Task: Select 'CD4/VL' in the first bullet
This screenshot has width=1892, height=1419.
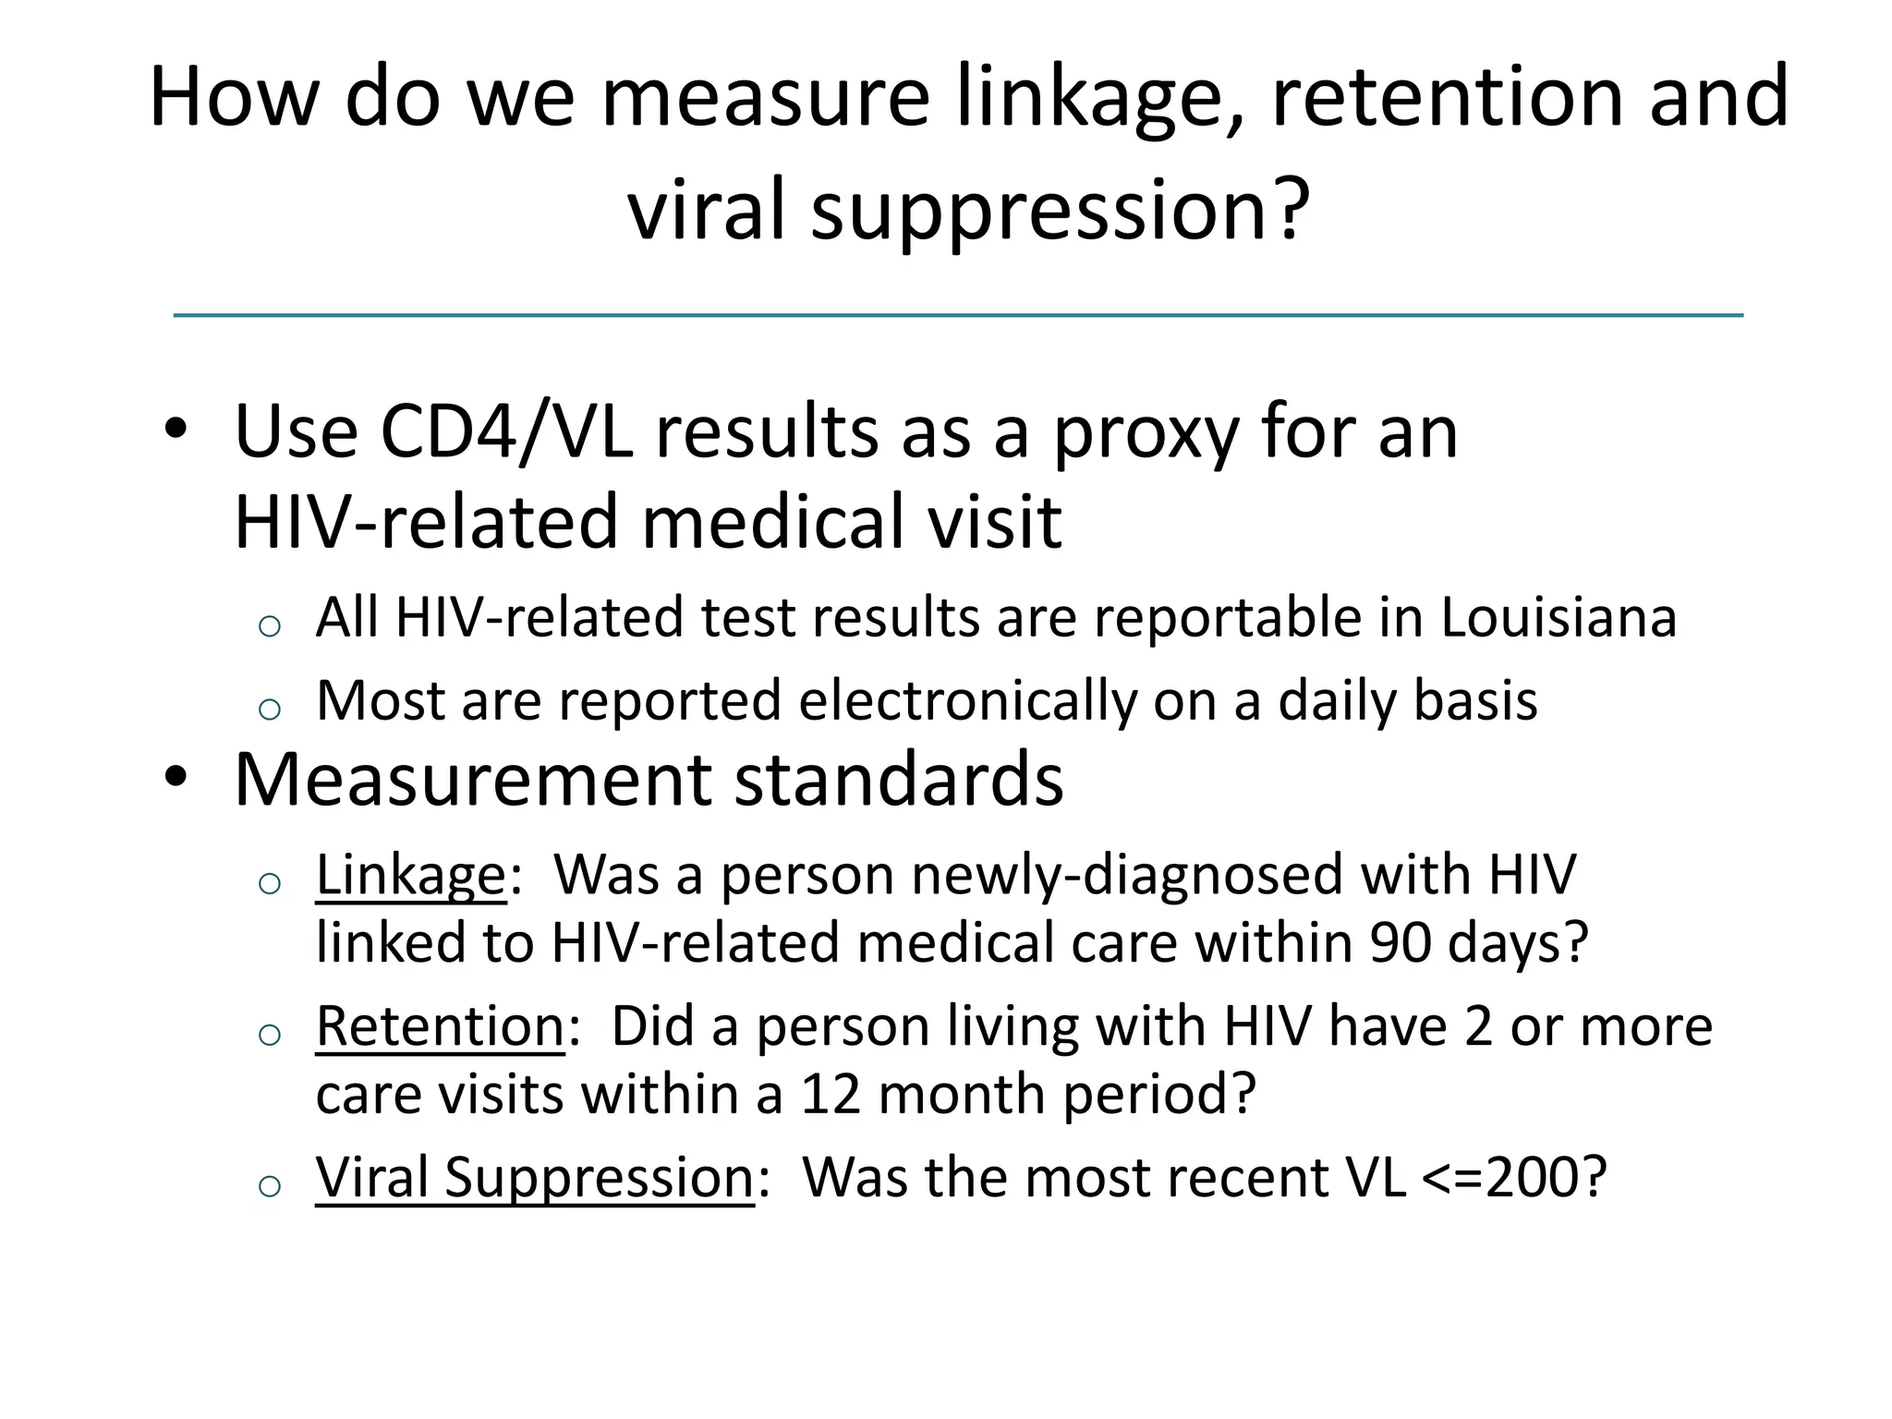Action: [507, 433]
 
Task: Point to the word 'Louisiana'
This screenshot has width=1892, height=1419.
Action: [1558, 618]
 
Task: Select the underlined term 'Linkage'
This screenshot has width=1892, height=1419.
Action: [411, 875]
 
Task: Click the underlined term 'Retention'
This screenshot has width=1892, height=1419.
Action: [441, 1026]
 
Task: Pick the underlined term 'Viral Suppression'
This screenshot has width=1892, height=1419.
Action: [535, 1178]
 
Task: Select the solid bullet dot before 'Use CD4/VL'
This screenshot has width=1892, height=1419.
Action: [176, 430]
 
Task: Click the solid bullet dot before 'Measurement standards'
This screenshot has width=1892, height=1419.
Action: [176, 778]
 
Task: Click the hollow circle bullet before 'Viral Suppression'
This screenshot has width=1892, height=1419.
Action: [269, 1186]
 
